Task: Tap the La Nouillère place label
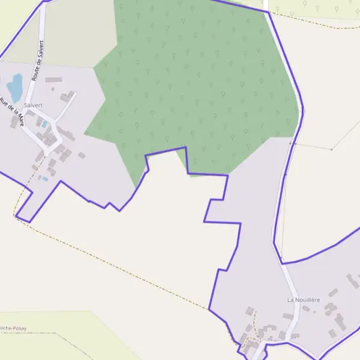pos(304,299)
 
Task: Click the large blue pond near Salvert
pos(14,86)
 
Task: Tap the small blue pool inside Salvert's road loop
pos(45,124)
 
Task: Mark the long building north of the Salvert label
pos(53,79)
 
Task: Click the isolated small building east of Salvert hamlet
pos(82,155)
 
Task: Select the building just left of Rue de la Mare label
pos(14,122)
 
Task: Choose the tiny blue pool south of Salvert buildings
pos(45,178)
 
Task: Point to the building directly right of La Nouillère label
pos(333,292)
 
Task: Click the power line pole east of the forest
pos(331,149)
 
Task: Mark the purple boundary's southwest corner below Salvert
pos(28,222)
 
